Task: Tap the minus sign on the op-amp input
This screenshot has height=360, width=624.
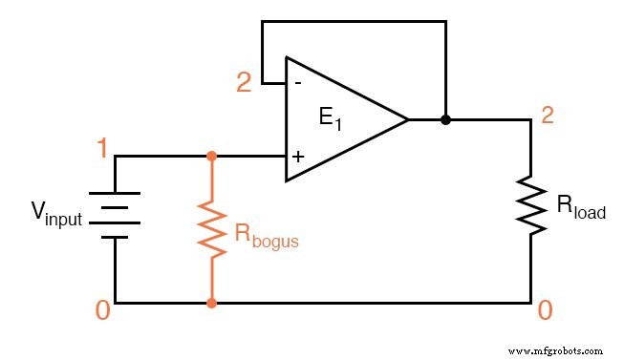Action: tap(298, 84)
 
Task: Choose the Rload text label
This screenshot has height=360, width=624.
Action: tap(581, 207)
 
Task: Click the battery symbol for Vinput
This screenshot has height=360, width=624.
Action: tap(116, 216)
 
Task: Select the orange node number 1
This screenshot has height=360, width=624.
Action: tap(101, 148)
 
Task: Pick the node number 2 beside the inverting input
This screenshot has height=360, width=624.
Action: tap(245, 83)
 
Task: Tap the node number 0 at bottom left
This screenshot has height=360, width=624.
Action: tap(101, 312)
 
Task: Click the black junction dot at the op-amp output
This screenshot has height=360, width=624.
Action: tap(445, 120)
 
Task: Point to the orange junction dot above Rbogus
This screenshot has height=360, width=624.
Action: tap(211, 156)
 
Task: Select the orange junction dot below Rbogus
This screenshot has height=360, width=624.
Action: tap(211, 304)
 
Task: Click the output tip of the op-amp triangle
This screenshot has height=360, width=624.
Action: tap(407, 120)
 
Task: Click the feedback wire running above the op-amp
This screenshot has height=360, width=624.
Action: tap(354, 21)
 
